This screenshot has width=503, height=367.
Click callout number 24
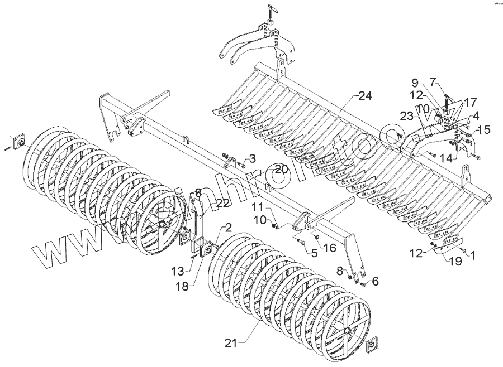click(365, 96)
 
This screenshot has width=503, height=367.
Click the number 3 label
click(252, 158)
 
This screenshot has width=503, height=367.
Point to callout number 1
click(473, 256)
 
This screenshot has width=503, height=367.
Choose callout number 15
click(483, 130)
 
